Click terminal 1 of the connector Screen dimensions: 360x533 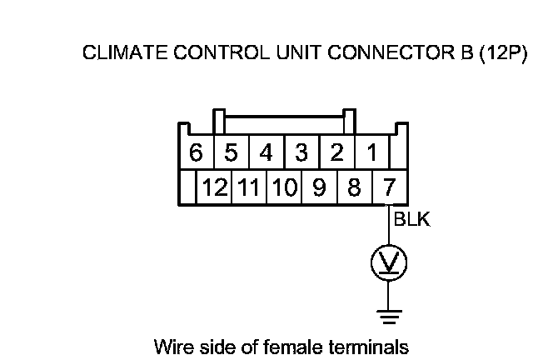pyautogui.click(x=371, y=153)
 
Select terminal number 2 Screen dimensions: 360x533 pyautogui.click(x=336, y=153)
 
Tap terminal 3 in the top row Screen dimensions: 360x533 pyautogui.click(x=301, y=153)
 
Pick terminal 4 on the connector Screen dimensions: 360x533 pyautogui.click(x=266, y=153)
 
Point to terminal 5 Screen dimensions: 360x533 pyautogui.click(x=232, y=153)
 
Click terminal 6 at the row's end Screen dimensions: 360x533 pyautogui.click(x=197, y=153)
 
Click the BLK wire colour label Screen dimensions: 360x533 pyautogui.click(x=411, y=221)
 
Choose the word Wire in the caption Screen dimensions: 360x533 pyautogui.click(x=171, y=344)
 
